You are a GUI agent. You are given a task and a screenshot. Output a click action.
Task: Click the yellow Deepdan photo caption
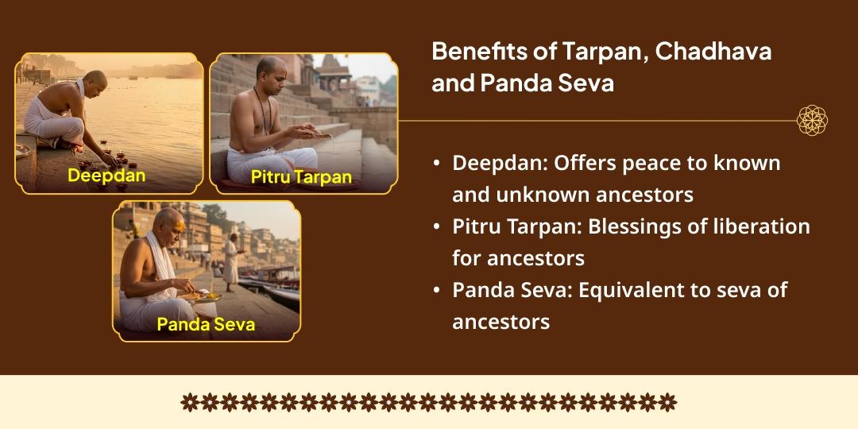pos(106,175)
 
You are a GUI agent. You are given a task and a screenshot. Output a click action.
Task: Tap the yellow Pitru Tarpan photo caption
pos(301,176)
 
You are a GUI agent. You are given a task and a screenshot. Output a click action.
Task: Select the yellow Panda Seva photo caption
pos(206,324)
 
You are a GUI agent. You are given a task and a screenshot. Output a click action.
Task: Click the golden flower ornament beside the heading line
pos(812,121)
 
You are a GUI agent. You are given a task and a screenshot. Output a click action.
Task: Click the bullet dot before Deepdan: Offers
pos(437,164)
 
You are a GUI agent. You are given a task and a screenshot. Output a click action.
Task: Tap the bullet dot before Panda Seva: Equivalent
pos(437,291)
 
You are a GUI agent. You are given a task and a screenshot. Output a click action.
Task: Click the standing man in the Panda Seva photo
pos(231,258)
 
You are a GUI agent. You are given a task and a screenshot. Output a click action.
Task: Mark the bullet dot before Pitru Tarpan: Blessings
pos(437,227)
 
